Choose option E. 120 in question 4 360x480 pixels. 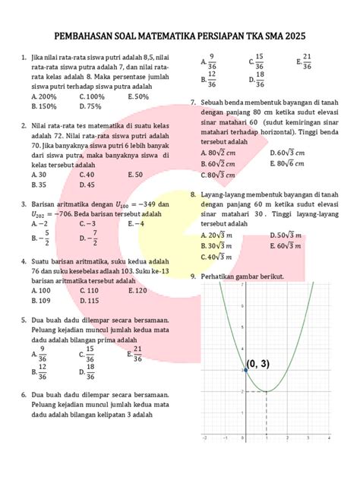[x=137, y=291]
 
